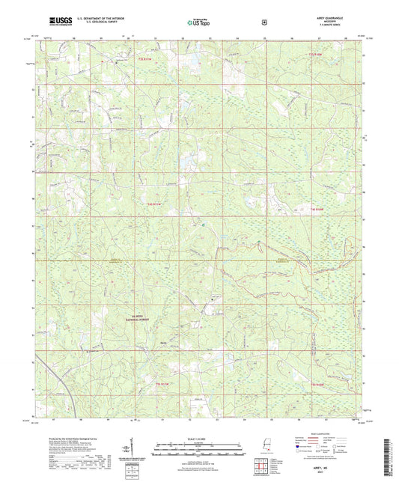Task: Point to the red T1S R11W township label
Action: pos(147,56)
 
